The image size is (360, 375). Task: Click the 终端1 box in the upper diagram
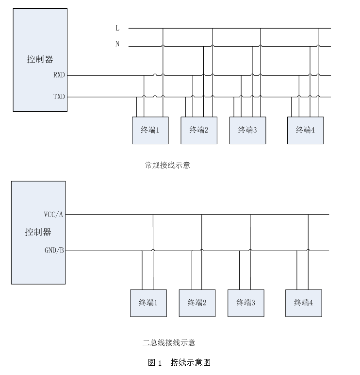pyautogui.click(x=150, y=130)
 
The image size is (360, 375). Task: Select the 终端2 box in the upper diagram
pyautogui.click(x=199, y=130)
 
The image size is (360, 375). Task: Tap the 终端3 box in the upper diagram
pyautogui.click(x=247, y=130)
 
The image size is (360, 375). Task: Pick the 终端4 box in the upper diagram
pyautogui.click(x=305, y=130)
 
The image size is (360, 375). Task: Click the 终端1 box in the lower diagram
pyautogui.click(x=148, y=303)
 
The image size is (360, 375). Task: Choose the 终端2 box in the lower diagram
pyautogui.click(x=197, y=303)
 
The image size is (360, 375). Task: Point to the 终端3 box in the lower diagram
pyautogui.click(x=246, y=303)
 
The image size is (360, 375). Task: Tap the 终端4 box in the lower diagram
pyautogui.click(x=303, y=303)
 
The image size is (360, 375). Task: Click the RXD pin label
pyautogui.click(x=59, y=75)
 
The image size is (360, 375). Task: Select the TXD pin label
pyautogui.click(x=59, y=97)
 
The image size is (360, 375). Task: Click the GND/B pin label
pyautogui.click(x=54, y=251)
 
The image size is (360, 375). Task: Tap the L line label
pyautogui.click(x=117, y=29)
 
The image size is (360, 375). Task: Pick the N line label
pyautogui.click(x=117, y=44)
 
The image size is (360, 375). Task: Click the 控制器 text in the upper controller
pyautogui.click(x=40, y=60)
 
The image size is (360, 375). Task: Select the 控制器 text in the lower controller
pyautogui.click(x=38, y=232)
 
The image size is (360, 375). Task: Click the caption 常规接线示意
pyautogui.click(x=167, y=165)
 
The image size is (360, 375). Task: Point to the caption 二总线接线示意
pyautogui.click(x=169, y=343)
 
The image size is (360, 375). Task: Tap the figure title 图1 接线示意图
pyautogui.click(x=179, y=362)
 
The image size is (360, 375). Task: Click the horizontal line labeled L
pyautogui.click(x=233, y=28)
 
